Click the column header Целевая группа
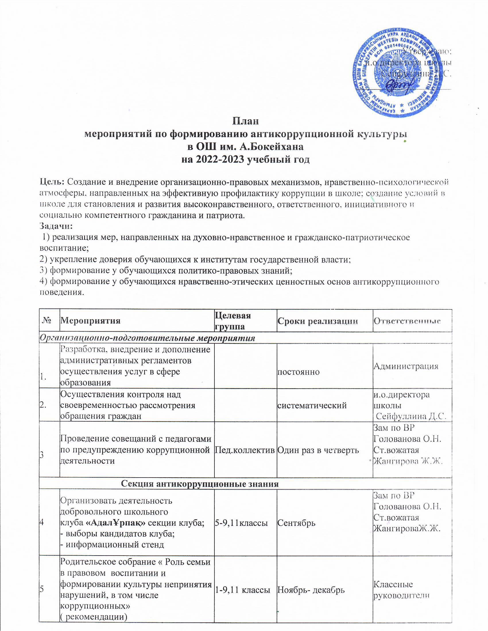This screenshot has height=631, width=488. point(233,321)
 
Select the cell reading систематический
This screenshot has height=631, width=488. point(312,405)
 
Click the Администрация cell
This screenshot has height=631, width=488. point(406,366)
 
